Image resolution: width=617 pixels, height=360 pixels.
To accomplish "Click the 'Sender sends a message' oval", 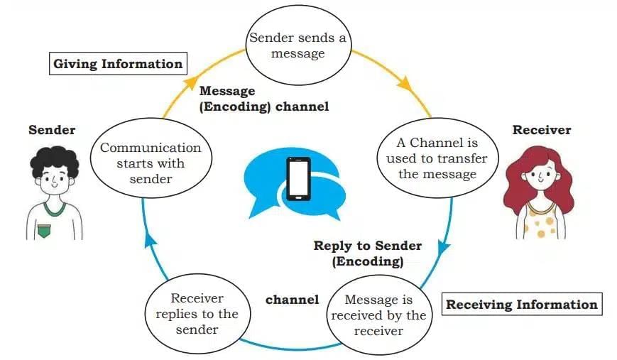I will (x=297, y=45).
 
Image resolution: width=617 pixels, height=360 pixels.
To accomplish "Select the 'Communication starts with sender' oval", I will (x=151, y=163).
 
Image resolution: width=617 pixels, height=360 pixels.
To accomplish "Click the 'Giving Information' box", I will (x=119, y=64).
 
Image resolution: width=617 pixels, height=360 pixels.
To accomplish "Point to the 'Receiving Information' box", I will (x=521, y=305).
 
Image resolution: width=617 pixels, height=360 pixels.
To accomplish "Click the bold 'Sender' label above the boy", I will (x=52, y=130).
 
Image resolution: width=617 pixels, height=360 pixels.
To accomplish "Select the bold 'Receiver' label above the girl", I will (x=541, y=130).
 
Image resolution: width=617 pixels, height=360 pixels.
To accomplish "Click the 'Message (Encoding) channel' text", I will (x=263, y=99).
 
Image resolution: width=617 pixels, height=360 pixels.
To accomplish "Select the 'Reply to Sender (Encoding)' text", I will (x=367, y=253).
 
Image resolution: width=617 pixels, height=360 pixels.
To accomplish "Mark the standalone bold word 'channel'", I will (x=292, y=300).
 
